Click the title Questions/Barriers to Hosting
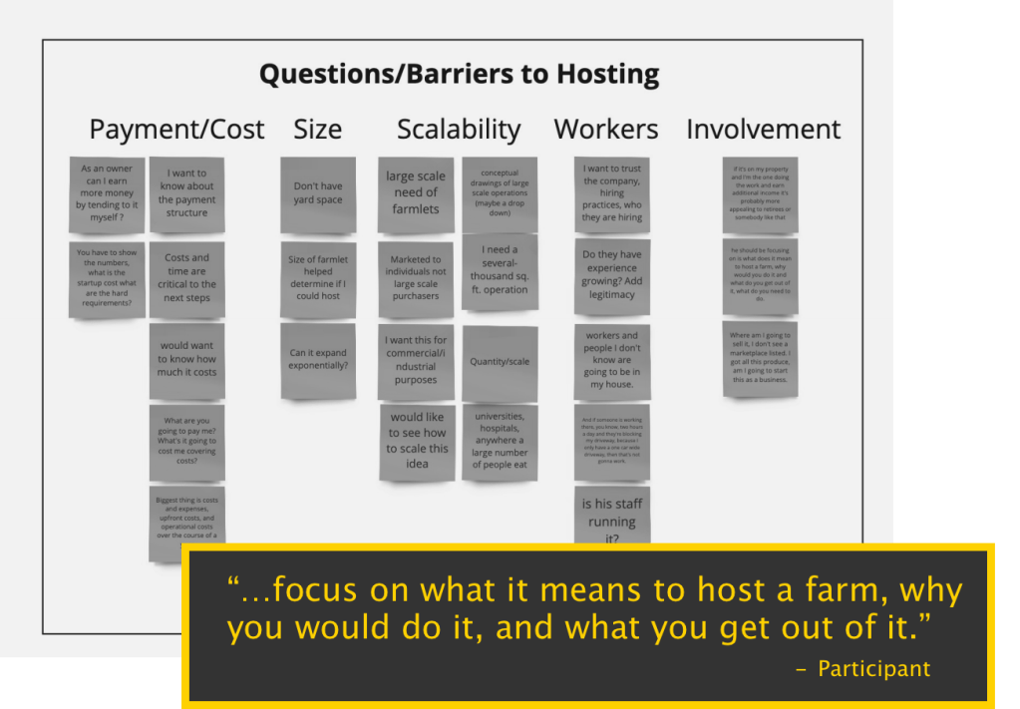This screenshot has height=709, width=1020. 459,75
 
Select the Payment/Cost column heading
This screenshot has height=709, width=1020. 176,130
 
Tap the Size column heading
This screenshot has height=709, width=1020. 317,130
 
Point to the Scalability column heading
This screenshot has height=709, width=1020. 459,130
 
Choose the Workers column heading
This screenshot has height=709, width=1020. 606,130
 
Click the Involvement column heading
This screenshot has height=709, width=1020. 763,130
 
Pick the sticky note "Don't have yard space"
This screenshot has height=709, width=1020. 317,193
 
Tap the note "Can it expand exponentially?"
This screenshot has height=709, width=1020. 317,359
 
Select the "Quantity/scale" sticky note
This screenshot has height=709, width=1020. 500,362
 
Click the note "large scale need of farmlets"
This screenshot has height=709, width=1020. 416,193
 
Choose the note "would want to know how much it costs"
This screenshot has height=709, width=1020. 186,359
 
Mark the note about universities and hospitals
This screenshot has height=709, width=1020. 500,441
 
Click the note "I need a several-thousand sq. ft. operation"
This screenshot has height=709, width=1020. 500,270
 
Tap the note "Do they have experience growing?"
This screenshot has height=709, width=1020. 612,274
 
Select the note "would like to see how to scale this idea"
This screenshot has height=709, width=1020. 417,442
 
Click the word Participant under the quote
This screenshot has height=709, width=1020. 873,669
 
